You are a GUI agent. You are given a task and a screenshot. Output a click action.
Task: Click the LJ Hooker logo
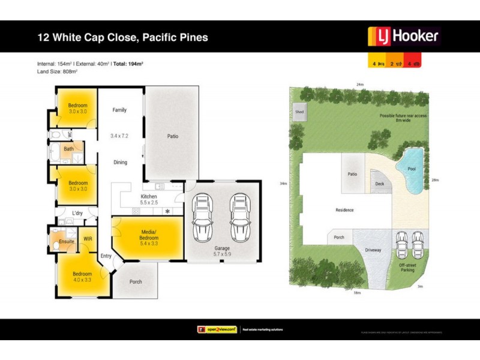[403, 37]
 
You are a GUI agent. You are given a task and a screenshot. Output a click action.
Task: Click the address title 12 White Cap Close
[122, 37]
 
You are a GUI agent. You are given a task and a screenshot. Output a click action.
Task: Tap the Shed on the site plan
[298, 111]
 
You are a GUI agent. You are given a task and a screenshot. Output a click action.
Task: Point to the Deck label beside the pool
[379, 185]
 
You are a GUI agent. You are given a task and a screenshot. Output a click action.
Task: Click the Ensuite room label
[67, 241]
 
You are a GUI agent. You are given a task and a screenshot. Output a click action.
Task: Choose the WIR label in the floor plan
[88, 239]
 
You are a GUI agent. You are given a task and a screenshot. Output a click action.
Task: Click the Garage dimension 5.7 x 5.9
[222, 255]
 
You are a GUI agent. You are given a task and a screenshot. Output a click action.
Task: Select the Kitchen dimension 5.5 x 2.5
[149, 203]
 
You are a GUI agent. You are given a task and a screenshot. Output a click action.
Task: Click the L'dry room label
[77, 213]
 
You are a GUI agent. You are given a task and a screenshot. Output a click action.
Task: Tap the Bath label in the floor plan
[69, 149]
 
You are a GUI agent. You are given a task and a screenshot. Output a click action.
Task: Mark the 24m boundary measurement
[359, 85]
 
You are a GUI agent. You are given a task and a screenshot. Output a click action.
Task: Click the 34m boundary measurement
[283, 184]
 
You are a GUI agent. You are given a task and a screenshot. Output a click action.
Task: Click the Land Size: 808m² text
[58, 71]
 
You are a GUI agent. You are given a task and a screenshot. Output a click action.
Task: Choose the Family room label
[119, 110]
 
